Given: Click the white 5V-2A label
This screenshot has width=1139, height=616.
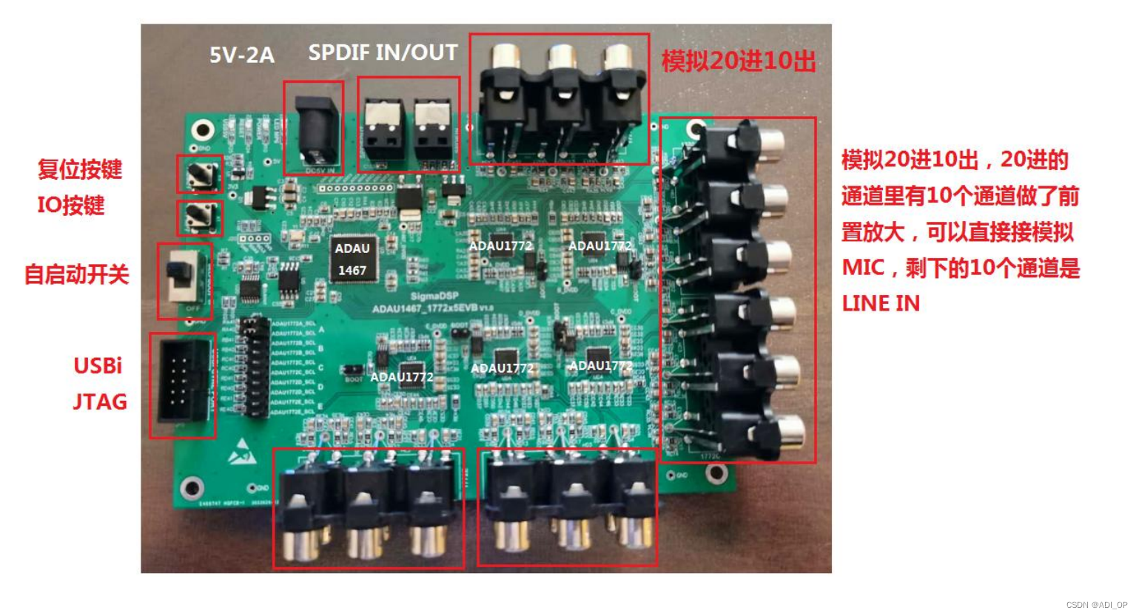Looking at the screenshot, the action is pos(241,55).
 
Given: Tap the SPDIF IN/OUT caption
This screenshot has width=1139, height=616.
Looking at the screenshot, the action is pos(383,53).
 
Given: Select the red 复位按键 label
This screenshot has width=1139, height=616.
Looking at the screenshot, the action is pos(80,169).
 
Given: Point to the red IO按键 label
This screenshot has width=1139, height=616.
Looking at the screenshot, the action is pos(71,205).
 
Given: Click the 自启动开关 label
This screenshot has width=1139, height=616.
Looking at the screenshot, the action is pos(77,275).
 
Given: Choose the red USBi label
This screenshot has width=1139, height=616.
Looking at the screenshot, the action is pos(98,365).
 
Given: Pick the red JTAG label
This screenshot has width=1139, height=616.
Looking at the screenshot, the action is pos(100,402).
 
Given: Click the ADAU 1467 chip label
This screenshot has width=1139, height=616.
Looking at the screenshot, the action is pos(352,259).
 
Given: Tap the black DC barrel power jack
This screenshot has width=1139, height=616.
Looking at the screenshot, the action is pos(317,132).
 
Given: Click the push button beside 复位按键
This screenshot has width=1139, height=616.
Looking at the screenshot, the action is pos(200,175).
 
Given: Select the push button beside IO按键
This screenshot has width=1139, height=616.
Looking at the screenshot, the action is pos(199,216).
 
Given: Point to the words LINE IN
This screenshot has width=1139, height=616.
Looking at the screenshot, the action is pos(881,303).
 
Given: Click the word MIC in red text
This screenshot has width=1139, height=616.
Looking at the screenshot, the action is pos(863,267).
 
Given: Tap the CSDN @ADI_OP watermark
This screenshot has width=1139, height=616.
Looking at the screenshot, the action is pos(1097,605).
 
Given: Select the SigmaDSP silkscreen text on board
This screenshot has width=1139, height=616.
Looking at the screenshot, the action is pos(434,296).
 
